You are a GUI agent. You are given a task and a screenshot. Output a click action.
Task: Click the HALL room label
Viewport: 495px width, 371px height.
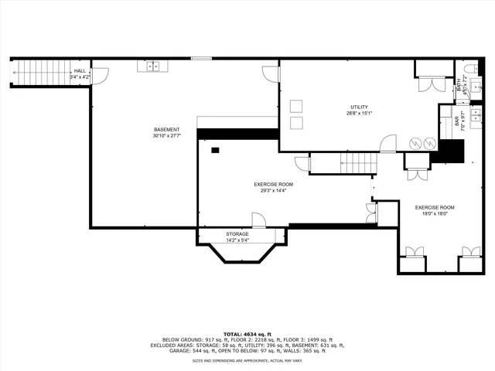pos(80,70)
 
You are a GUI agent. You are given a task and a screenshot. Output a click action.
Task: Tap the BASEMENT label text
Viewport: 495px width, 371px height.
pos(166,129)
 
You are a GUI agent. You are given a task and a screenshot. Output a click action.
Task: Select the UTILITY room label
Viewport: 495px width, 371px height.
pos(359,107)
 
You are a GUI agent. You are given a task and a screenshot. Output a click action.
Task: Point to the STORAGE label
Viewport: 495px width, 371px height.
pos(237,233)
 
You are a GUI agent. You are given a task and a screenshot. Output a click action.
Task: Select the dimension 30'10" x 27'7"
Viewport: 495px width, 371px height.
pos(166,136)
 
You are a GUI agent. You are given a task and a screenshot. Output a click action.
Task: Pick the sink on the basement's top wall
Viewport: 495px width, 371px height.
pos(153,66)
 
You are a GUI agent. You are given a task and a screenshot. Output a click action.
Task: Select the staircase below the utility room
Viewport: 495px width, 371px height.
pos(358,163)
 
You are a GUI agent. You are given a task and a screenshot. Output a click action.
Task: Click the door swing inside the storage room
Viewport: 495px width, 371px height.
pos(259,220)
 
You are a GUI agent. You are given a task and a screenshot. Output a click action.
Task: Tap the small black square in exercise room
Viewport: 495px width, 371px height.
pos(216,149)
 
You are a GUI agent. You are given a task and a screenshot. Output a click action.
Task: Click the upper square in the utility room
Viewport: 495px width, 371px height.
pos(296,106)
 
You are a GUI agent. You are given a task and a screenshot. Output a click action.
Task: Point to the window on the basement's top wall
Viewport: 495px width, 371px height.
pos(202,58)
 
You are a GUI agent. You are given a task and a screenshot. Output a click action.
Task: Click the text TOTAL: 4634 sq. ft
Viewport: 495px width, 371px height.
pos(247,333)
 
